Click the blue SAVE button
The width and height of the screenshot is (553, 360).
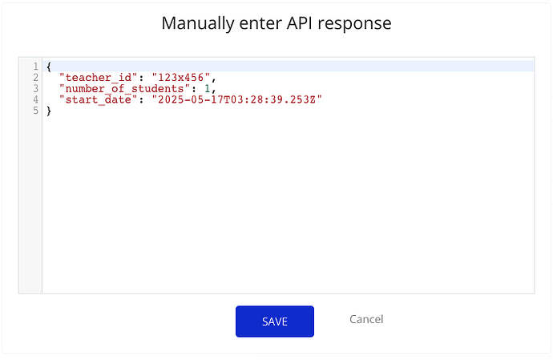[275, 322]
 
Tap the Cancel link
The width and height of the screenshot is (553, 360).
[366, 319]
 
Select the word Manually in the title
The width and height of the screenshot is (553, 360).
[198, 24]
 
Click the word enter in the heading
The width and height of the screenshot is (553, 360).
[260, 24]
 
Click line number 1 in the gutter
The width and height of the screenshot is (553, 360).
[35, 67]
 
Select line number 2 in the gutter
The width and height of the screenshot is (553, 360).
[35, 77]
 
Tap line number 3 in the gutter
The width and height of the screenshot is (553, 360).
[35, 88]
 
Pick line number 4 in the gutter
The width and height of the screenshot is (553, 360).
[35, 99]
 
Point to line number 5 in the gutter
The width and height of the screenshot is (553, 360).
[35, 111]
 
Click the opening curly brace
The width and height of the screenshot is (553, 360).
[49, 67]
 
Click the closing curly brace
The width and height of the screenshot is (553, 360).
[49, 111]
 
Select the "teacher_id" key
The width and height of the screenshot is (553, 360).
[98, 77]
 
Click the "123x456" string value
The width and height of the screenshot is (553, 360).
[181, 77]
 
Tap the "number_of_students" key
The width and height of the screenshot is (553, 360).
[124, 88]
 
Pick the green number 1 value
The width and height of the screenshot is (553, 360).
[208, 88]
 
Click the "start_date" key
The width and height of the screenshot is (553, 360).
[98, 99]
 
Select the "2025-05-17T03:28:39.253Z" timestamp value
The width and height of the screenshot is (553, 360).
[236, 99]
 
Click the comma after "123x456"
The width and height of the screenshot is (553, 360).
[214, 79]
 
